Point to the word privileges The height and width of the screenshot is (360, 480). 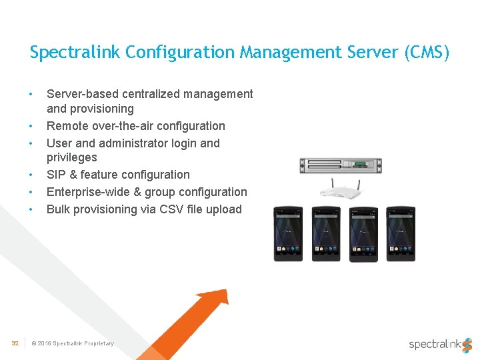(71, 158)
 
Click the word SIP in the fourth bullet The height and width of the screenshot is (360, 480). (56, 175)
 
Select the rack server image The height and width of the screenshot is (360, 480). (340, 166)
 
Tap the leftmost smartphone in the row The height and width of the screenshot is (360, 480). (288, 233)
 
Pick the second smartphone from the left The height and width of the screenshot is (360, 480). (325, 233)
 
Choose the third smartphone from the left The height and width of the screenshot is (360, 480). (363, 233)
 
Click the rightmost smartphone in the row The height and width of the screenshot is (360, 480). (400, 233)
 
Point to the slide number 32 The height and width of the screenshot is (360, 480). (15, 343)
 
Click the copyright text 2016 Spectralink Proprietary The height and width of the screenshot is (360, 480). (76, 343)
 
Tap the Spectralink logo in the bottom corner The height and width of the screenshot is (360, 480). (440, 343)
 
